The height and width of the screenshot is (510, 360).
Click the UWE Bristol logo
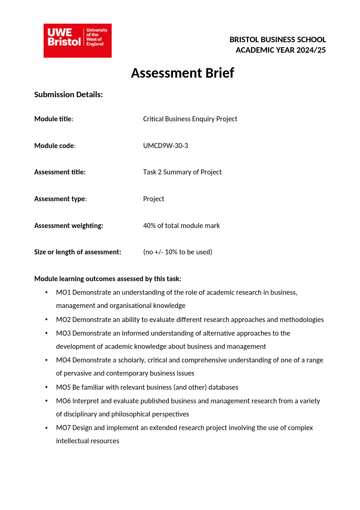click(78, 40)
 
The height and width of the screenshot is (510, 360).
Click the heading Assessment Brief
click(182, 73)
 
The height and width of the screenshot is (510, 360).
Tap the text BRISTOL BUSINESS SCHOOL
click(277, 40)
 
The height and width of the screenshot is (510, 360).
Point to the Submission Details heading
click(69, 94)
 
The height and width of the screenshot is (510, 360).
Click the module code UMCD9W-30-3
click(165, 145)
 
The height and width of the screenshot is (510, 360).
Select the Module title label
click(53, 119)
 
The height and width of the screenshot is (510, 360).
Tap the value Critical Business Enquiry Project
click(190, 119)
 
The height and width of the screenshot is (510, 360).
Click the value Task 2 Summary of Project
click(182, 172)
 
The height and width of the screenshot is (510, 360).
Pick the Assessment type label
click(60, 199)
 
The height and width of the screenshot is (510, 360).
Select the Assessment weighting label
click(69, 226)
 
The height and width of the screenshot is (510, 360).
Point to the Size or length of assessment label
click(78, 252)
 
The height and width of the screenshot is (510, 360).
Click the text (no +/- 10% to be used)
click(178, 252)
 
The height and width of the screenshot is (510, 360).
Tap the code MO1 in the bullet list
click(63, 292)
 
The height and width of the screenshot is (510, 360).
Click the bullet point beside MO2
click(46, 320)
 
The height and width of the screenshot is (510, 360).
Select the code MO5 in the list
click(63, 387)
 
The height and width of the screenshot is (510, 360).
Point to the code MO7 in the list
click(63, 428)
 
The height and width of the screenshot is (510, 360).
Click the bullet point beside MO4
click(46, 360)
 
